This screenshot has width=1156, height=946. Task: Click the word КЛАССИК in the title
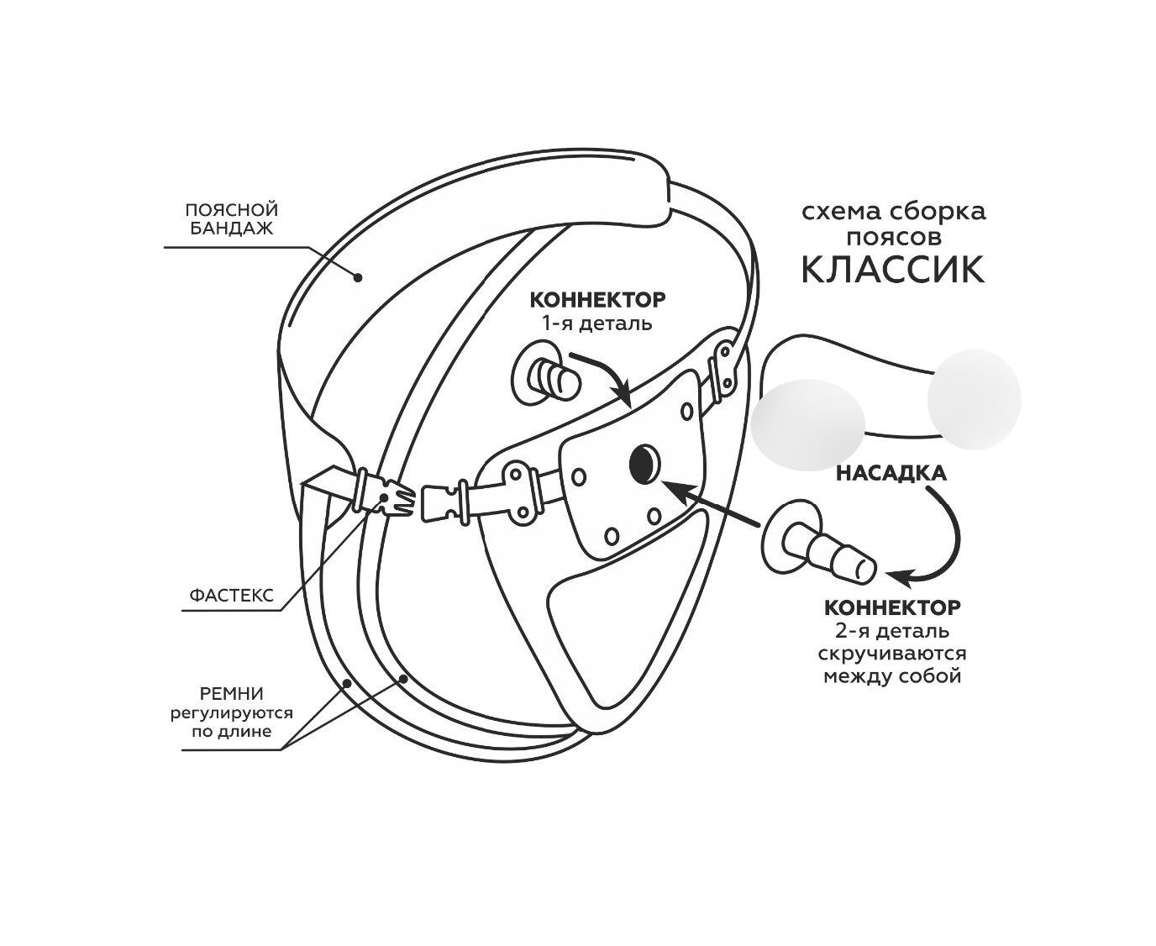892,270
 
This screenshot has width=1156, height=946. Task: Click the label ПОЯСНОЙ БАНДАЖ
230,218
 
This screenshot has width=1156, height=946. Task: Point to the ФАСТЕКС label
231,595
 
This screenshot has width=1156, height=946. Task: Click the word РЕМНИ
232,694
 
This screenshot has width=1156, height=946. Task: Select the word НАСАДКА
891,473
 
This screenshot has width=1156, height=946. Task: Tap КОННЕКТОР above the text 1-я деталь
596,300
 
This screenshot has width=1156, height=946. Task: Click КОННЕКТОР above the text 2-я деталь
892,607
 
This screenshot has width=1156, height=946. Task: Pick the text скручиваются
892,653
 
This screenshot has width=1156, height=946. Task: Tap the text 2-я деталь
892,630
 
